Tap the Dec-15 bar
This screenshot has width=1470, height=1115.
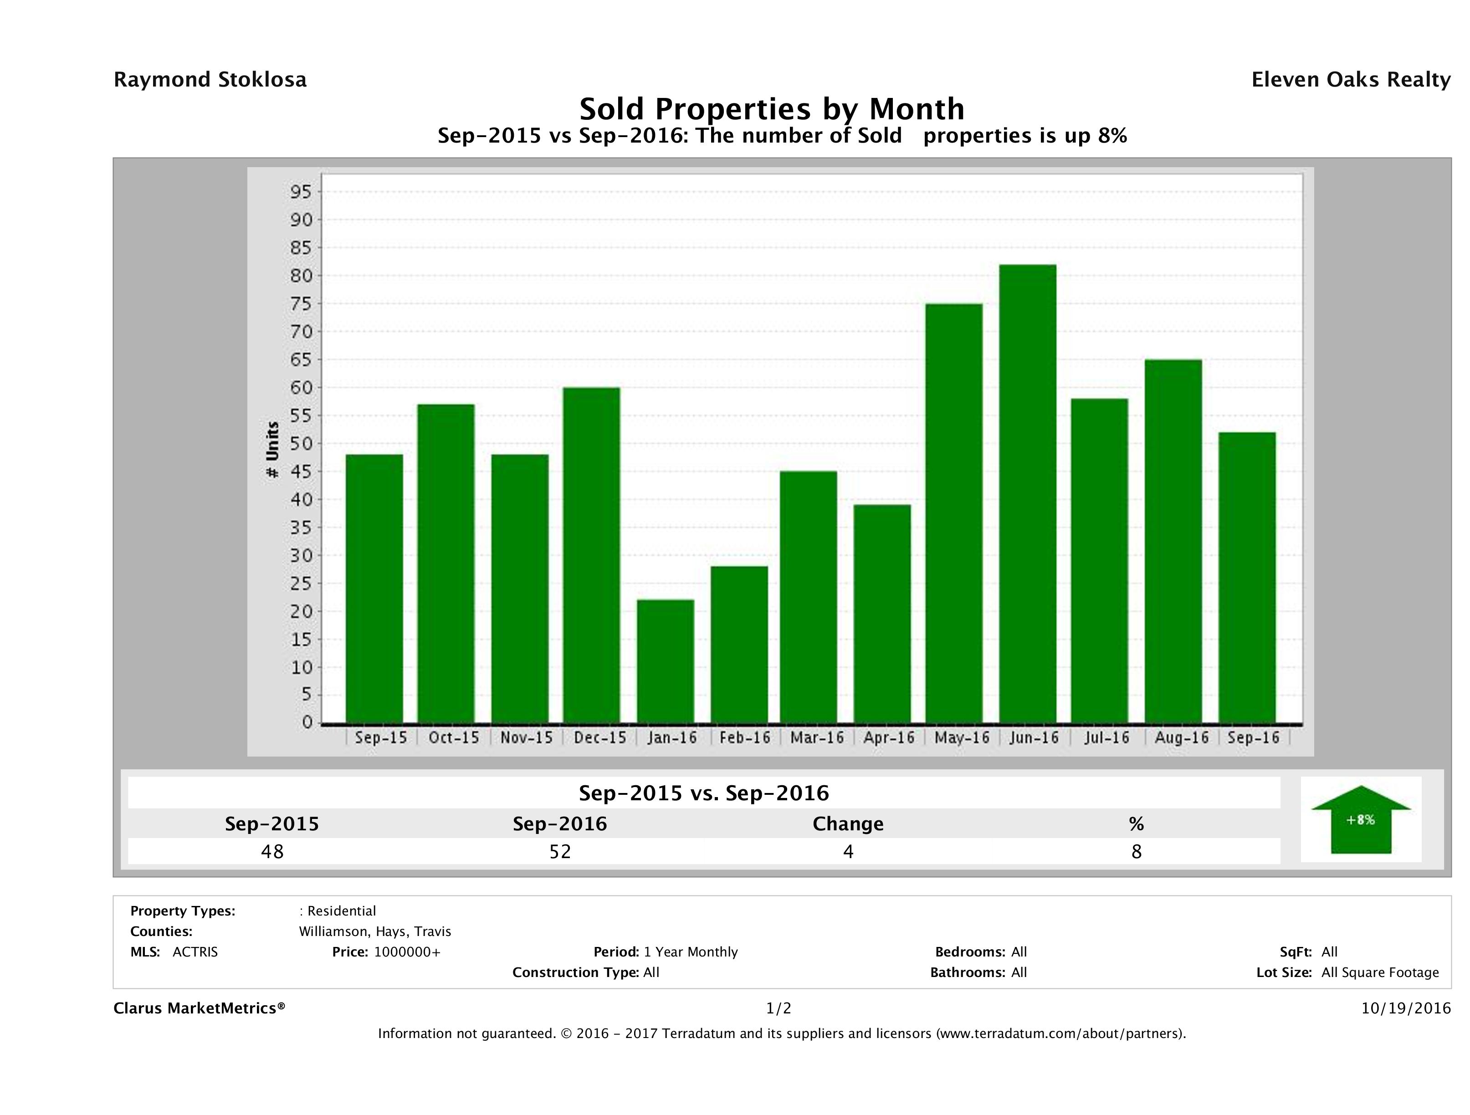point(591,554)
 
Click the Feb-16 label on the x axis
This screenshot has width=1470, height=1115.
point(744,737)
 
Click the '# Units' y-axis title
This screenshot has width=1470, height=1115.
point(272,450)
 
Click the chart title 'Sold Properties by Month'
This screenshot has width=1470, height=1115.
point(772,108)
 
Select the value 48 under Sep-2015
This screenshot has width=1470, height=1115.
point(272,851)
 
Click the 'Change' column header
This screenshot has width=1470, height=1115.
point(848,824)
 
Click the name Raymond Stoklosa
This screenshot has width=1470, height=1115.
point(210,80)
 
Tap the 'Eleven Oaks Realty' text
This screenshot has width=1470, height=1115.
point(1350,80)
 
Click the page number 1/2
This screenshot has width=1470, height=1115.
point(778,1008)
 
